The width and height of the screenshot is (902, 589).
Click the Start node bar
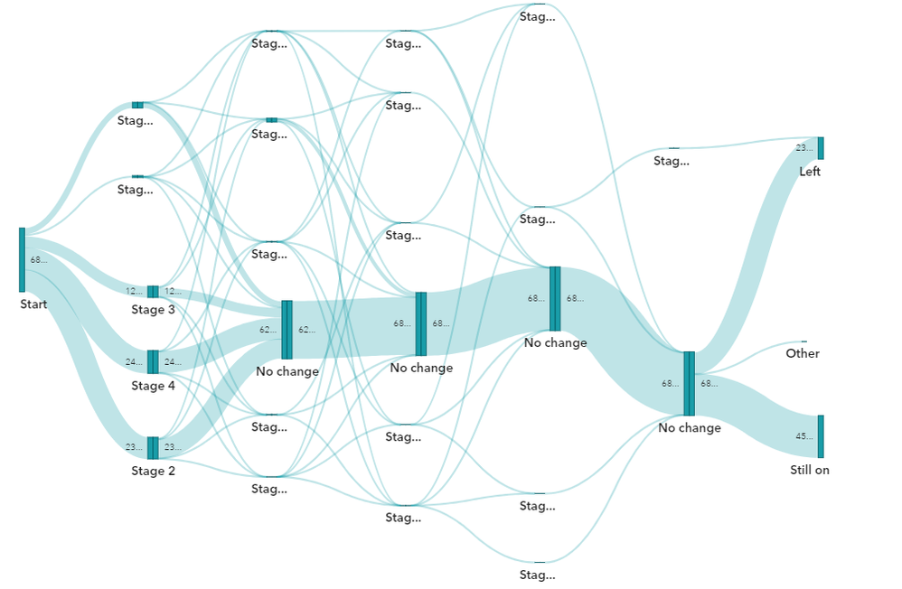[22, 259]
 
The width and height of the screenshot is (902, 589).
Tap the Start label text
[33, 304]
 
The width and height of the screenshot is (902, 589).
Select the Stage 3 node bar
[153, 292]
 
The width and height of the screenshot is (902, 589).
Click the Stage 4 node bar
[153, 362]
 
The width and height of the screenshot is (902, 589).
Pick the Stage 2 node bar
[153, 448]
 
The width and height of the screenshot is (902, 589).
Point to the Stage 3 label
[153, 310]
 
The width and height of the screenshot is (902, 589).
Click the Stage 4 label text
[153, 386]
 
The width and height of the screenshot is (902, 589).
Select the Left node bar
[821, 148]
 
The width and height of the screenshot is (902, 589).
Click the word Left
[810, 172]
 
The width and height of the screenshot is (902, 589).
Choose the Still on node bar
[821, 436]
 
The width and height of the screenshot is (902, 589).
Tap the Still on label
[810, 470]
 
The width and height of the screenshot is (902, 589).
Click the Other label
[803, 353]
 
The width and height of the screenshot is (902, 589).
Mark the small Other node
[803, 341]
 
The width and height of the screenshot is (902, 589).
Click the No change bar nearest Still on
[689, 384]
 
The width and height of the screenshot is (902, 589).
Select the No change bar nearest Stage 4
[287, 330]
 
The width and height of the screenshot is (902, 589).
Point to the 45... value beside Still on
[803, 436]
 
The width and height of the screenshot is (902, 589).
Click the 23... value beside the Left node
[803, 148]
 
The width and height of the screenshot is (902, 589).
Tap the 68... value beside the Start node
[38, 260]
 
